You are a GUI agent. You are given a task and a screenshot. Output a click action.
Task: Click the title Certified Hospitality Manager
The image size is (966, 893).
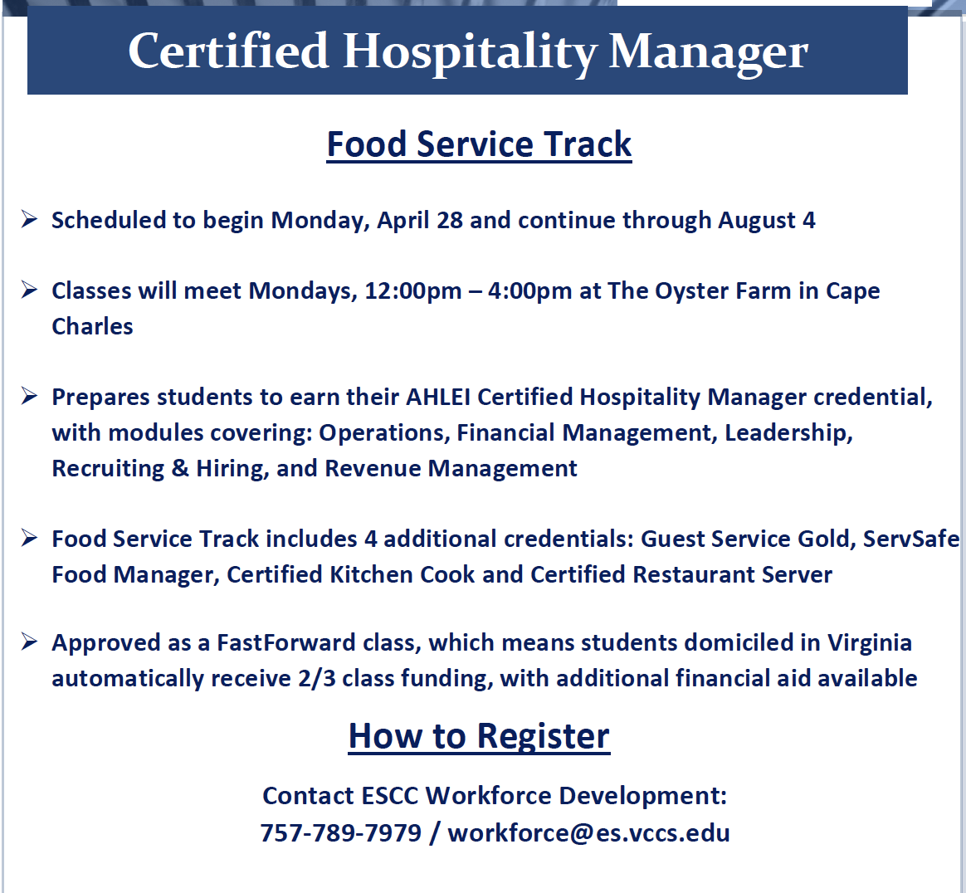(467, 51)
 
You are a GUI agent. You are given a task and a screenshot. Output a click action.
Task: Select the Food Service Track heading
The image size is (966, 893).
(479, 145)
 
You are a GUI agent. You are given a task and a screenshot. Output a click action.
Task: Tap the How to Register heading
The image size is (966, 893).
(479, 736)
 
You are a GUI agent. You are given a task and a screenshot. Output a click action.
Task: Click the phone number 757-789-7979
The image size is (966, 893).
(341, 832)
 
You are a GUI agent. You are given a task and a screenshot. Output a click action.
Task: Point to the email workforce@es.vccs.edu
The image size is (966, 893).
(588, 832)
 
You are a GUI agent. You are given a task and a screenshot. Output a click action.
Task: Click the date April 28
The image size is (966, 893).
(420, 221)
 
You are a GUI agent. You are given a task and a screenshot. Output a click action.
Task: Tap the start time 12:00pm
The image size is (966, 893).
(412, 290)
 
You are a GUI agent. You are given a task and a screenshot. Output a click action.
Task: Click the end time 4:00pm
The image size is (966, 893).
(529, 290)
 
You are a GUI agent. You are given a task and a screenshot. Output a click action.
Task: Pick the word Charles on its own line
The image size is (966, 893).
(92, 326)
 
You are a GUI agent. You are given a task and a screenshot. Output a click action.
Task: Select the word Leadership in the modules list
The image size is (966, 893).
(788, 433)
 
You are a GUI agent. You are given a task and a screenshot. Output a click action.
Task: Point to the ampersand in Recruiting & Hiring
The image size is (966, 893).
(180, 468)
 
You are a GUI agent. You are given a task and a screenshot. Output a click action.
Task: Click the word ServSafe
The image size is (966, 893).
(910, 539)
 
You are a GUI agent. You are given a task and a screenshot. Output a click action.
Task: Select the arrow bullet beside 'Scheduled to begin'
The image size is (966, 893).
(29, 219)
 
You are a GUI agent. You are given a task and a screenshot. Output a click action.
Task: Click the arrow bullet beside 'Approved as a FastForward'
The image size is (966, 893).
(29, 642)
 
